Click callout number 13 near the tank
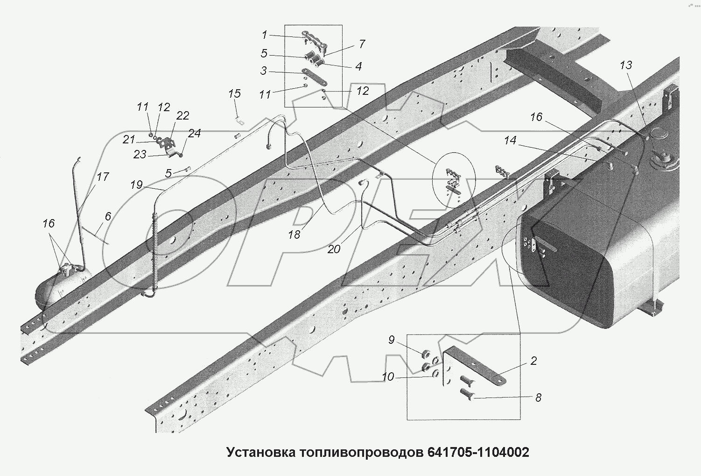626,65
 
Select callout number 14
510,140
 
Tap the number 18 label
294,234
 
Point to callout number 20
334,249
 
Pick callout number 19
136,185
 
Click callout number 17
103,177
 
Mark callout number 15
234,93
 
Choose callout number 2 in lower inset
533,361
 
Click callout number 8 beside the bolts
538,398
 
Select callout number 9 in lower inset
392,340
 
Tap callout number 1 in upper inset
264,35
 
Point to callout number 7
362,44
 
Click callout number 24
194,133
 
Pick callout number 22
182,115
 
